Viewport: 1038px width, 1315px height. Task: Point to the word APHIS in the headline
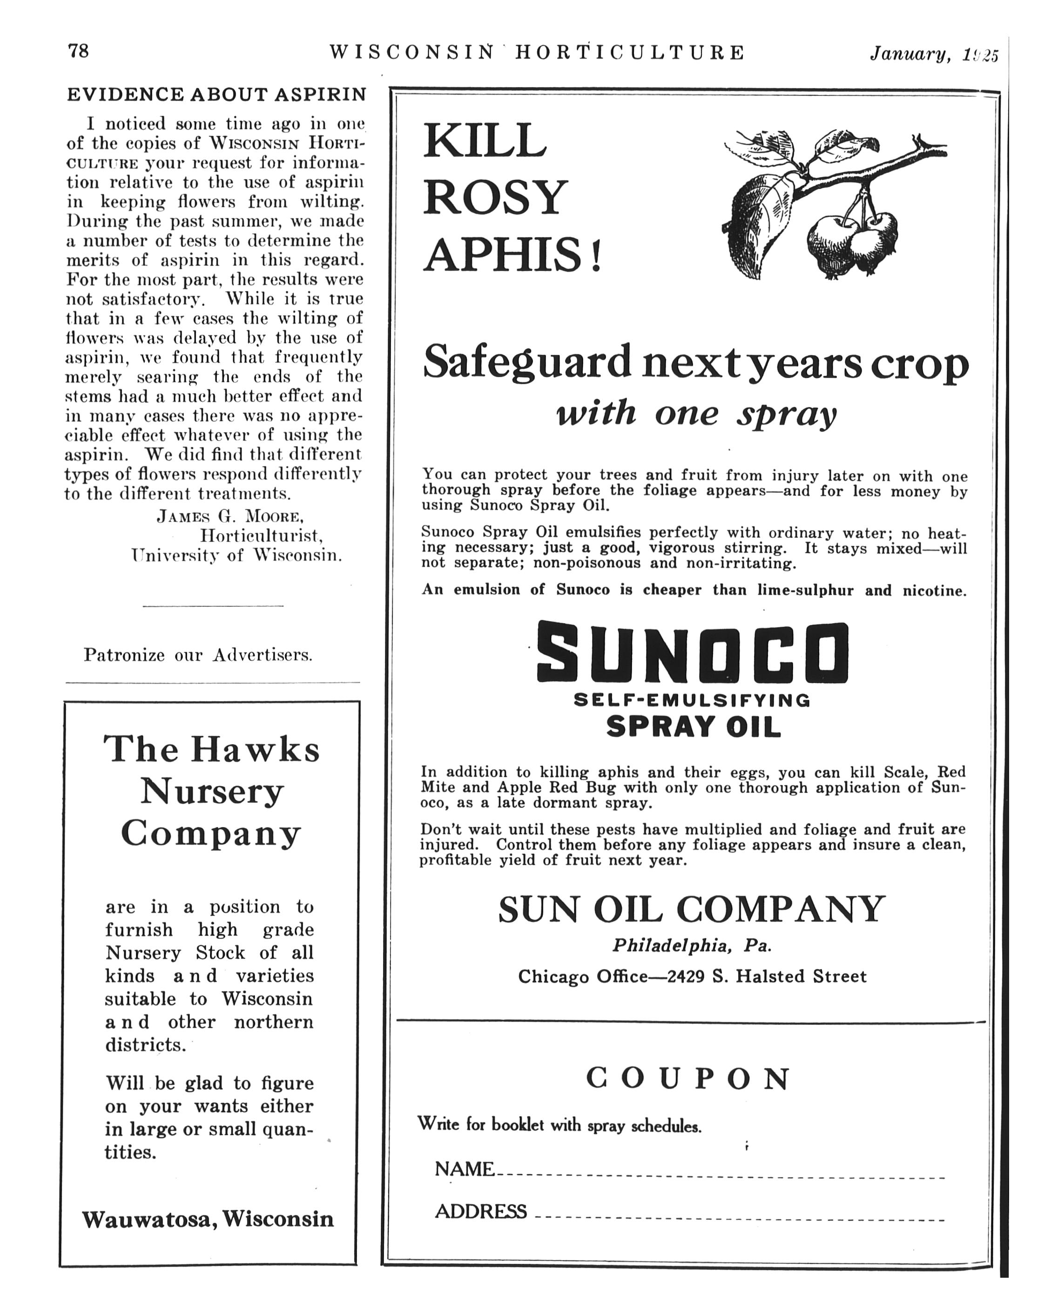pos(503,255)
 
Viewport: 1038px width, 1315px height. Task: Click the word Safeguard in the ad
pos(527,362)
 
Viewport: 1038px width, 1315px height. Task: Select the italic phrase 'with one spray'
pos(696,414)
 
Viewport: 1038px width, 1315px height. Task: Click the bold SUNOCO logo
pos(692,652)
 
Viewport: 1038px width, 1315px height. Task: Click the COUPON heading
pos(688,1078)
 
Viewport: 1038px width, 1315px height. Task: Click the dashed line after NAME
pos(720,1178)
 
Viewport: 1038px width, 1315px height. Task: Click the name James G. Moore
pos(230,516)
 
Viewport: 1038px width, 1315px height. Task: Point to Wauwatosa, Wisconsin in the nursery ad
pos(208,1218)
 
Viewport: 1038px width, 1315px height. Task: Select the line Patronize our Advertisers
pos(198,655)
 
